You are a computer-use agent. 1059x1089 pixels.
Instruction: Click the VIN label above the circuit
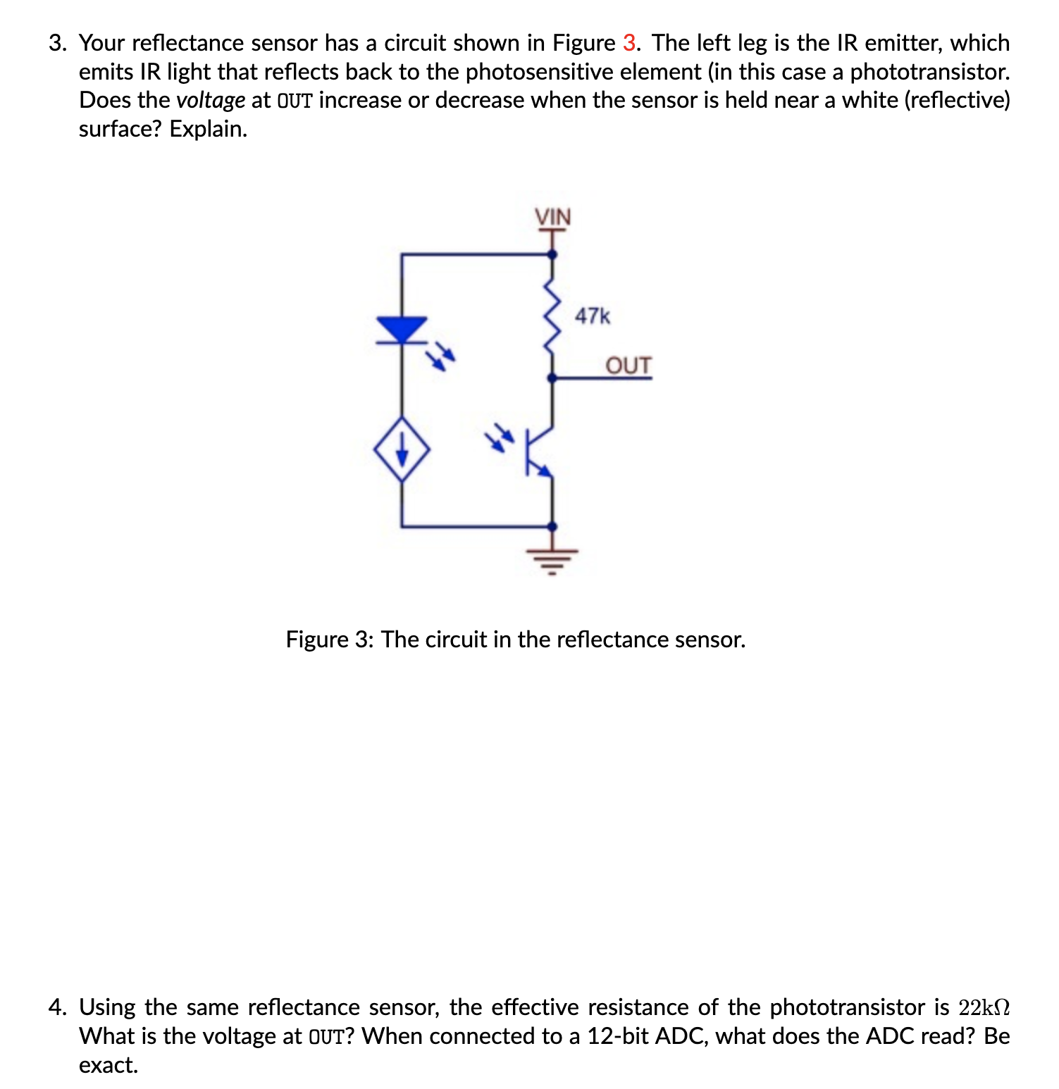pos(553,218)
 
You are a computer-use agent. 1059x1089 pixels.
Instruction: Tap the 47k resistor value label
pos(593,316)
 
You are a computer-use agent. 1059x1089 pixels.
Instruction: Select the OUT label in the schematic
pos(628,366)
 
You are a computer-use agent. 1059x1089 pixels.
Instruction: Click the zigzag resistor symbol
pos(552,316)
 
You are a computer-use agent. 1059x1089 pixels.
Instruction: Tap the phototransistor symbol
pos(540,452)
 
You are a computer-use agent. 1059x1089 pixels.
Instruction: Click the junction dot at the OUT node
pos(552,378)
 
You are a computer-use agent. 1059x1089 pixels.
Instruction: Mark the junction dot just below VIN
pos(552,254)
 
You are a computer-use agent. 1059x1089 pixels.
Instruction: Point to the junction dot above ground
pos(552,526)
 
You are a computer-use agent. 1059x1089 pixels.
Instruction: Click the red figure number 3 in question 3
pos(629,43)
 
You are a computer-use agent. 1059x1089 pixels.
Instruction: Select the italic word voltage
pos(211,100)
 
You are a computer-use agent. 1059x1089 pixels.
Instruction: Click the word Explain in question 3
pos(208,129)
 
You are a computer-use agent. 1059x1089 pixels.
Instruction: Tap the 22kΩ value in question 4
pos(984,1007)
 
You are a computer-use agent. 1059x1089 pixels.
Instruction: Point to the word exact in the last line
pos(107,1065)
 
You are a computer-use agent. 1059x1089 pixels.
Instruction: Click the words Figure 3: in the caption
pos(330,640)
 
